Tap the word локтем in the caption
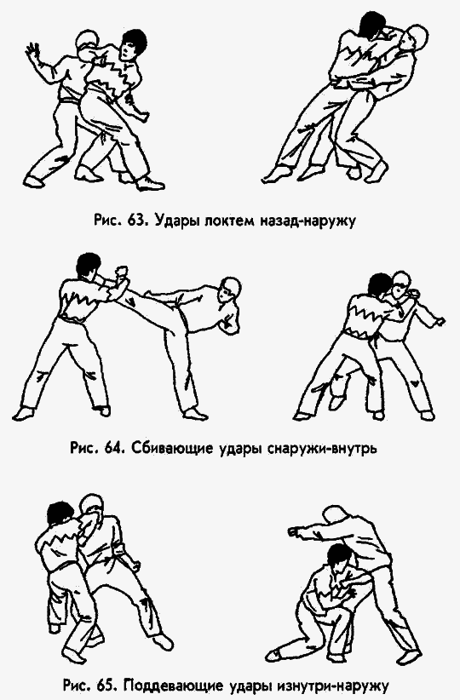pos(229,220)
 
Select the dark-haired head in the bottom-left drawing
pos(59,516)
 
